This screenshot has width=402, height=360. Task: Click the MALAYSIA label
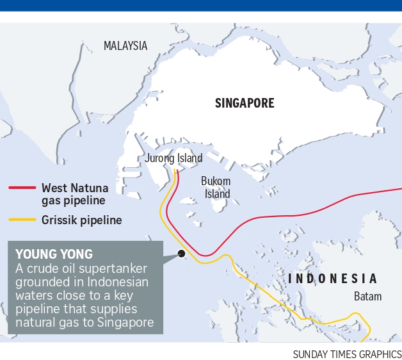125,45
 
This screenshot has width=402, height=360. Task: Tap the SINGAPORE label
245,103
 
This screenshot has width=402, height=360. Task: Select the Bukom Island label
216,187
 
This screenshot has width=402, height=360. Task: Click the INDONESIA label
332,279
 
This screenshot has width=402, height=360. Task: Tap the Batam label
367,297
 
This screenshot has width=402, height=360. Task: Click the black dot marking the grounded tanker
182,254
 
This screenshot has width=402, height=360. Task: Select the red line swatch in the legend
22,188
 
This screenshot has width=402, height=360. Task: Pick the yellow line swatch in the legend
22,220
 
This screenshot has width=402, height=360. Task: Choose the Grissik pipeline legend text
81,220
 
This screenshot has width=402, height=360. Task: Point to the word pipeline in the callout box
37,309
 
